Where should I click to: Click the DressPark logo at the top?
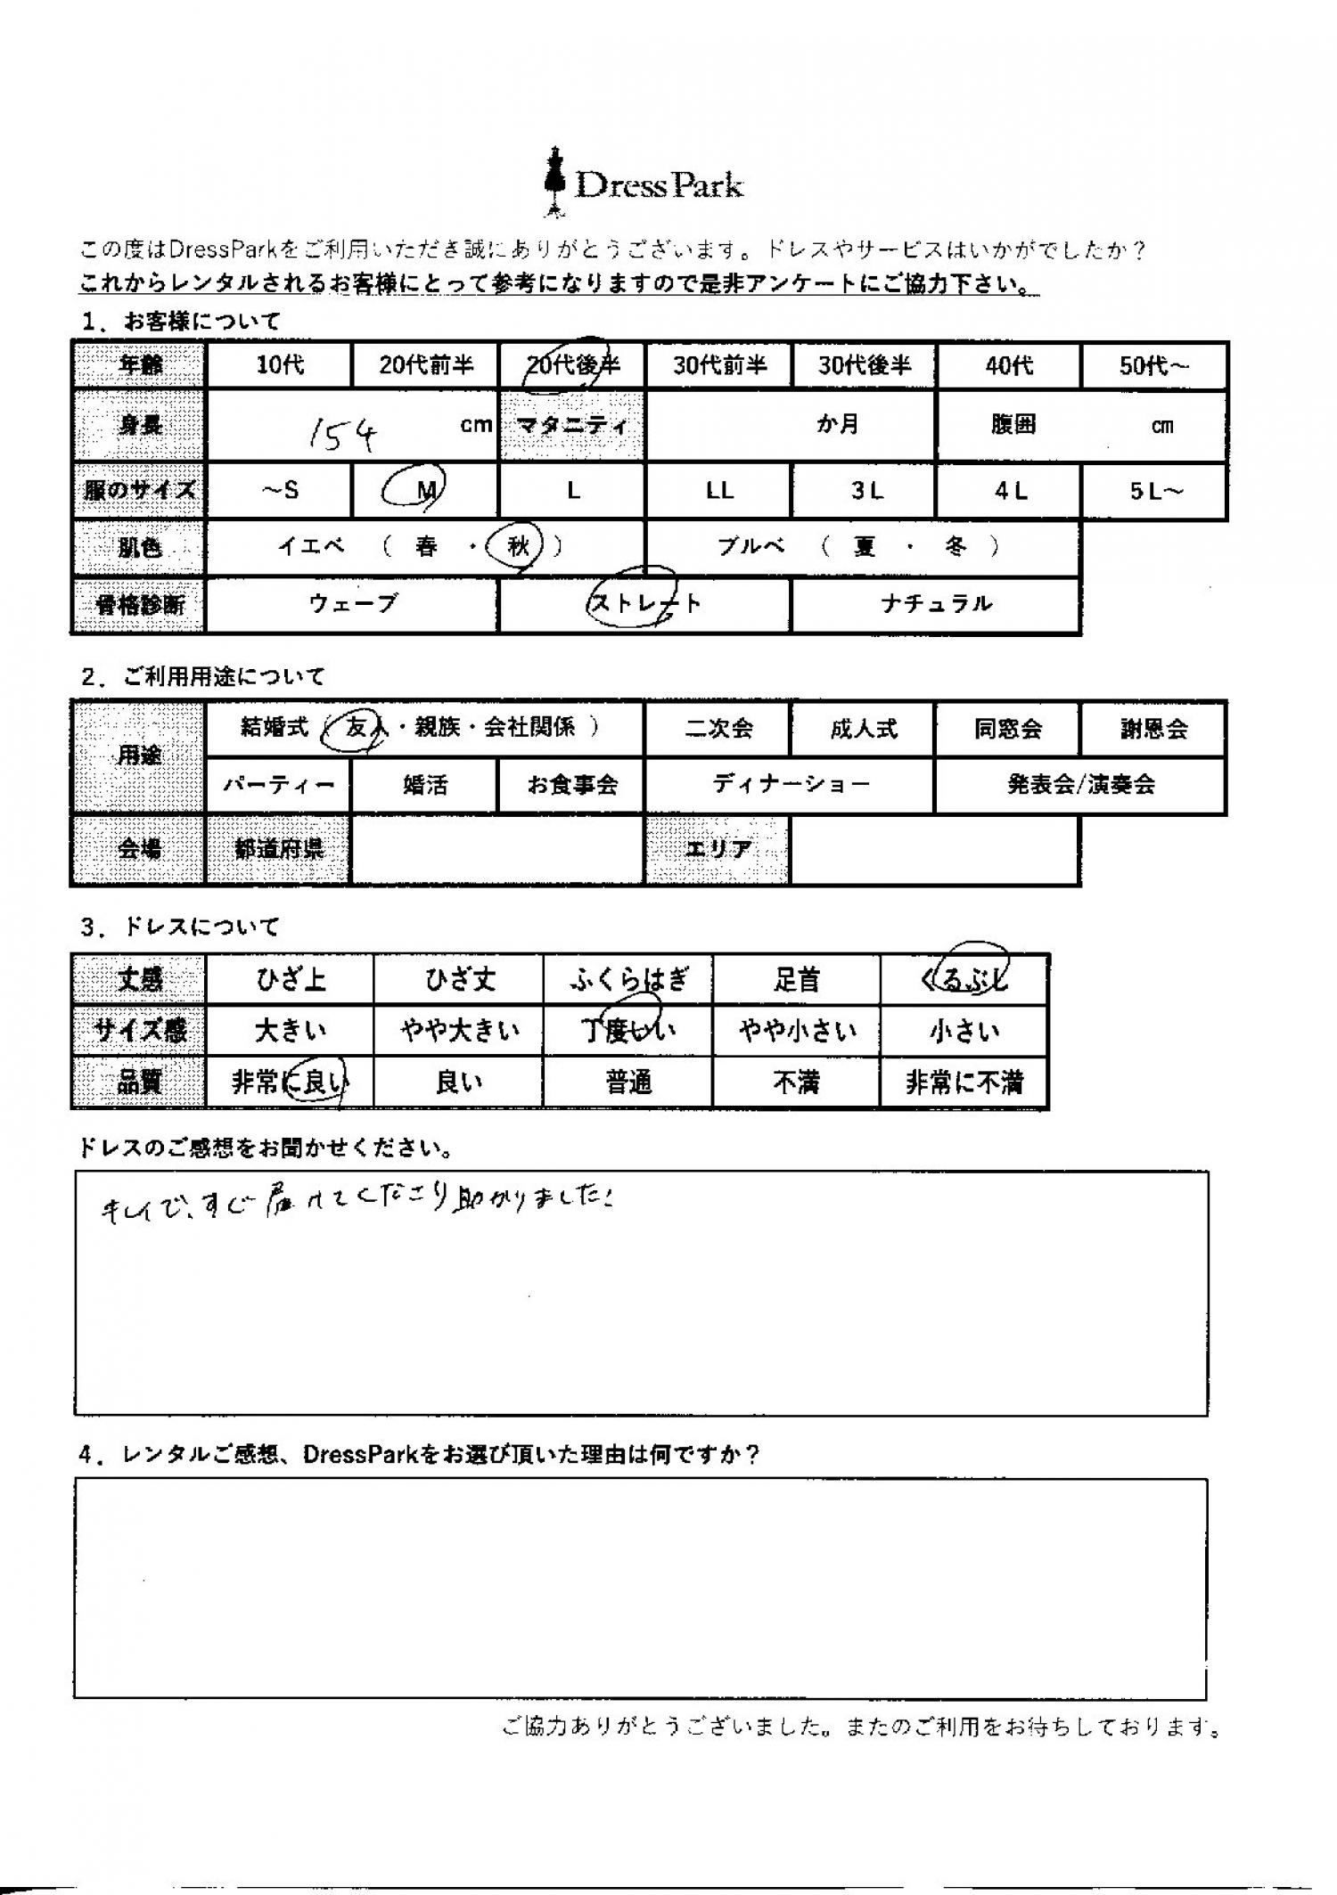click(x=644, y=184)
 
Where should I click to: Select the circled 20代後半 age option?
click(x=572, y=364)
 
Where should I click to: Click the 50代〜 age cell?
click(x=1154, y=365)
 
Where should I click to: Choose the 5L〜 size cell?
click(x=1154, y=491)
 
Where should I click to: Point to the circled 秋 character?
click(x=518, y=546)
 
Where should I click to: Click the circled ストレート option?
click(x=644, y=603)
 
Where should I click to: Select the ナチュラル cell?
click(x=936, y=604)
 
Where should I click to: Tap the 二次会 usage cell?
click(x=718, y=729)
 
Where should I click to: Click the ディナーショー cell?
click(x=791, y=785)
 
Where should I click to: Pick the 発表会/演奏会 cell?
click(x=1080, y=785)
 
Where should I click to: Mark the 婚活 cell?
click(x=424, y=785)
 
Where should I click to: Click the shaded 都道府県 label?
click(x=279, y=849)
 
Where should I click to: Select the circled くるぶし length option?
click(x=964, y=979)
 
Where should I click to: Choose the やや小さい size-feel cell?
click(x=797, y=1031)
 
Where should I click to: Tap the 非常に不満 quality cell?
click(x=964, y=1082)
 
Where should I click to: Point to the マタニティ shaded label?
click(x=572, y=425)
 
